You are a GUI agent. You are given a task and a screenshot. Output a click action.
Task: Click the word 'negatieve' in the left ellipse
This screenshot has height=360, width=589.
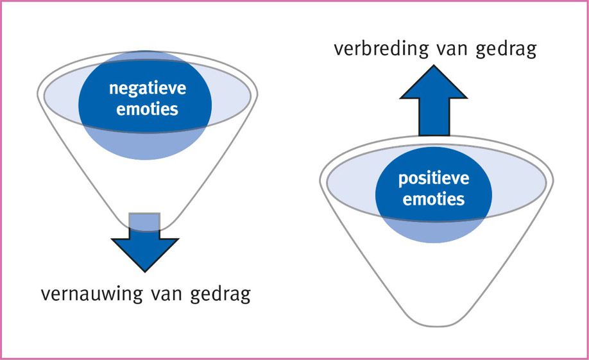[148, 89]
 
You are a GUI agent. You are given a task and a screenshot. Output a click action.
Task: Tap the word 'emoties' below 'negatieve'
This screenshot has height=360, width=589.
[148, 109]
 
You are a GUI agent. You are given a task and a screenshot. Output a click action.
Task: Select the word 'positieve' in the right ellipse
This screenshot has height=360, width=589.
[434, 178]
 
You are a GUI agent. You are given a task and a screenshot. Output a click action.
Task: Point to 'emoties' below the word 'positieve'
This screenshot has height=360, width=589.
[434, 198]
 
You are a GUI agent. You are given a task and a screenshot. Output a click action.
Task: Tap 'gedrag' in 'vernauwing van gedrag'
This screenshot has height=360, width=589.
[220, 295]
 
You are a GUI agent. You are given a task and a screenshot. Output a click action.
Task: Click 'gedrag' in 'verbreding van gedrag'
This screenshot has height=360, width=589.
[506, 50]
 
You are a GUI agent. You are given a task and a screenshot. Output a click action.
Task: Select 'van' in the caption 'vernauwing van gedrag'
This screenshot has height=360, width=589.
[166, 295]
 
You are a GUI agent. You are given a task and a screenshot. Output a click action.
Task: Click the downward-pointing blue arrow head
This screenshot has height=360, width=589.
[145, 254]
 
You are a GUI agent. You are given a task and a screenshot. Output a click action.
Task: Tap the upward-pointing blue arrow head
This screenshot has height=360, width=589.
[434, 82]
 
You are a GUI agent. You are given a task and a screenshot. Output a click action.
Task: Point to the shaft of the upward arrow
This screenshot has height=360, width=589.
[434, 117]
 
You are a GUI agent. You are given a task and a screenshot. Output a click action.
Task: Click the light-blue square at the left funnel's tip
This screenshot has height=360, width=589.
[144, 222]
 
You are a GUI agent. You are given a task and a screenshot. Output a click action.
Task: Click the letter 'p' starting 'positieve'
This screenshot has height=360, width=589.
[403, 180]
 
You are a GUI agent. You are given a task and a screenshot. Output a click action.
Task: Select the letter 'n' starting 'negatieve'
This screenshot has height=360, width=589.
[114, 89]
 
